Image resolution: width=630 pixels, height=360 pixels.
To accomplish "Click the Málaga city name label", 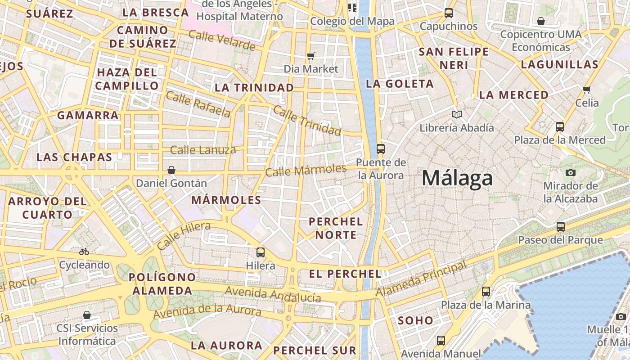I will point(457,178).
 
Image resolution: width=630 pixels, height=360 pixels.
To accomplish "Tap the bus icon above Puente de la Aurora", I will point(381,148).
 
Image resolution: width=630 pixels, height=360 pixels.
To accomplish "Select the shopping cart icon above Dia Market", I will point(310,56).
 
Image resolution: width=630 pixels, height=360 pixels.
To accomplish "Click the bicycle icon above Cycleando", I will point(84,252).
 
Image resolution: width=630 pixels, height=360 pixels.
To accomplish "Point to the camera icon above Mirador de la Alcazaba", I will point(570,172).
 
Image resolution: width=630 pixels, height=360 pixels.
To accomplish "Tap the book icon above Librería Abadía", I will point(457,115).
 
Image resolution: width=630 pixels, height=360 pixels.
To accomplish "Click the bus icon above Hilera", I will point(261,252).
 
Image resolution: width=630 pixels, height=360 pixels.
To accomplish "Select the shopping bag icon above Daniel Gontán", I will point(171,170).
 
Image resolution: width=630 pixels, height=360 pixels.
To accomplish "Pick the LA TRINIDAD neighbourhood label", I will point(254,87).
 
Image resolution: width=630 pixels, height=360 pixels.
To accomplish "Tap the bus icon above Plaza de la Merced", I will point(560,127).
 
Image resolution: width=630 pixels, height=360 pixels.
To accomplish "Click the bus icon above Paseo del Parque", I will point(561,227).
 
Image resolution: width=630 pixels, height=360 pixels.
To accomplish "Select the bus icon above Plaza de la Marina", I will point(486,292).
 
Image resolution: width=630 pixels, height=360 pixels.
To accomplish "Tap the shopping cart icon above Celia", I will point(586,90).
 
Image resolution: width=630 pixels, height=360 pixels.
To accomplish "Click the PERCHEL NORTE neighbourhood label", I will point(336,228).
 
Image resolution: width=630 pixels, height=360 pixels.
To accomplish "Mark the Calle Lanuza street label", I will point(203,150).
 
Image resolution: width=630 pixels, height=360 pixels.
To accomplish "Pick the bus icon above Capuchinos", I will point(449,13).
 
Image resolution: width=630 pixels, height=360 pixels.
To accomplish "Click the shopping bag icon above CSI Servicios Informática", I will point(87,315).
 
